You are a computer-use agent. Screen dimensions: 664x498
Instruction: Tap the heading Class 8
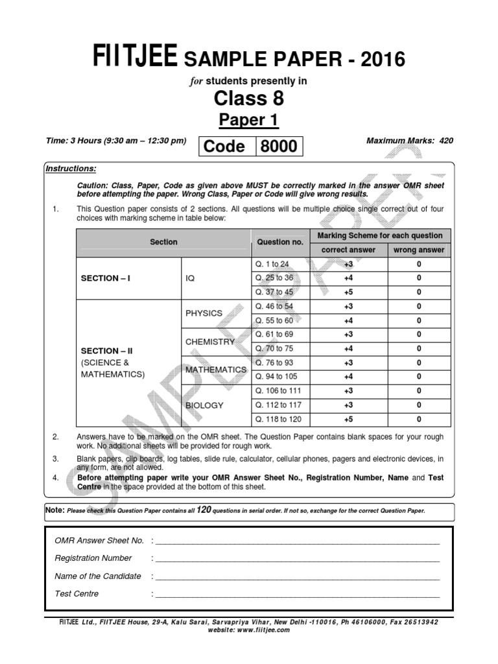pos(249,99)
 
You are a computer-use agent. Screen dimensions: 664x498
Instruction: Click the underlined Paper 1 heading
pos(249,120)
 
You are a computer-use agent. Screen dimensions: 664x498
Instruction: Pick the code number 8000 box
pos(279,147)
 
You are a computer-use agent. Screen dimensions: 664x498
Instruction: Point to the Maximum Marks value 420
pos(446,140)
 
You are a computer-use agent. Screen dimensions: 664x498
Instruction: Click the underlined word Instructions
pos(71,169)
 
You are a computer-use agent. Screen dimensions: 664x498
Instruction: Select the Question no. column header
pos(280,242)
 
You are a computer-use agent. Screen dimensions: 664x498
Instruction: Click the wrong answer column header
pos(419,250)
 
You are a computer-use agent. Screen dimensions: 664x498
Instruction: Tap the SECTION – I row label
pos(106,278)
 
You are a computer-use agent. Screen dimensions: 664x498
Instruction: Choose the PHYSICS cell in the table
pos(204,313)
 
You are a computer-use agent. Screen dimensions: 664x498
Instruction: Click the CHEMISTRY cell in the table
pos(209,341)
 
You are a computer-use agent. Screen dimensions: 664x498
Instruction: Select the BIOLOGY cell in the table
pos(204,405)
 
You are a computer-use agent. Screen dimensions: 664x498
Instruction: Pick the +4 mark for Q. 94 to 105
pos(349,377)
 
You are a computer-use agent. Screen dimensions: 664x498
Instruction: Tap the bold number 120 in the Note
pos(205,510)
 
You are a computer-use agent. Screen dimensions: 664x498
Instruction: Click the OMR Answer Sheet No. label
pos(99,540)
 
